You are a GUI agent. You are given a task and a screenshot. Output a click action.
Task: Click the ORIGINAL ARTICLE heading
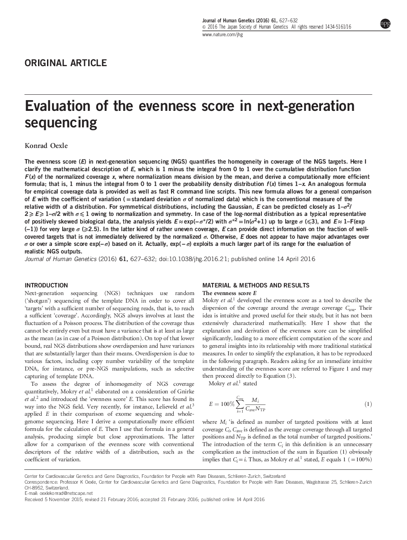point(66,63)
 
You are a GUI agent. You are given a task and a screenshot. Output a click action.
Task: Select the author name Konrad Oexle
point(46,145)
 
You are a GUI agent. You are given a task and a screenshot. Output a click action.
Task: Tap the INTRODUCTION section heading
point(46,285)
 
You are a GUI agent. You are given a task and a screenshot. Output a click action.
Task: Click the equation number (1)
point(368,404)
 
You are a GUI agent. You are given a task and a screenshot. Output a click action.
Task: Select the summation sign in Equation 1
point(240,404)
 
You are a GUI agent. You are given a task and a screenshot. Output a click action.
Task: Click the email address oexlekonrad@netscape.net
point(62,494)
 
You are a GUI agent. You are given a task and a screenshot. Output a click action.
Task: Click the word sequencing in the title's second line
point(61,122)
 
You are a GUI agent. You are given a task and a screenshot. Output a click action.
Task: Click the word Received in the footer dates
point(34,499)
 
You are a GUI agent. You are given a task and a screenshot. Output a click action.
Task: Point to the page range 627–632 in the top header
point(289,21)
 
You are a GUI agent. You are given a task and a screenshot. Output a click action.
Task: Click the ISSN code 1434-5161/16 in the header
point(338,27)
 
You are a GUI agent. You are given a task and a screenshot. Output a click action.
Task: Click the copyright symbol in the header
point(204,27)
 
